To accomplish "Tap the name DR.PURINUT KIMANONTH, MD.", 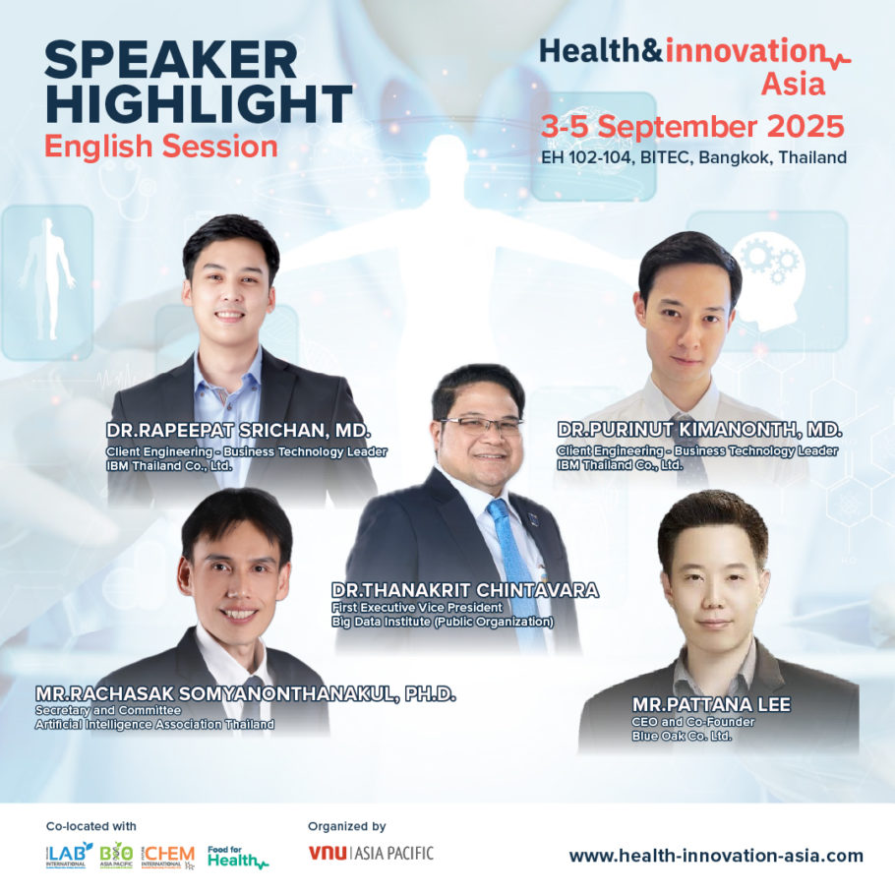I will point(699,431).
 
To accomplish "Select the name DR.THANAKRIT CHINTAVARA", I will point(465,590).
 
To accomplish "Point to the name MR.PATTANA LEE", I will point(698,704).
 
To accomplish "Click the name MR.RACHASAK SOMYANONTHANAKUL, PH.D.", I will point(246,694).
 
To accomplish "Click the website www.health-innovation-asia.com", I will point(716,856).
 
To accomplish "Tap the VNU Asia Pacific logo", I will point(371,853).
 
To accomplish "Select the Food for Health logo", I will point(237,856).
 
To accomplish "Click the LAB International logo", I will point(69,854).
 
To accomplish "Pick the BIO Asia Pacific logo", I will point(116,854).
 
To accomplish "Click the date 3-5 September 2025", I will point(692,126).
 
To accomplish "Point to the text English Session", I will point(161,147).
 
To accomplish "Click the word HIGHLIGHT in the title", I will point(199,103).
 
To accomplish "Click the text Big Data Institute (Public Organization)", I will point(443,622).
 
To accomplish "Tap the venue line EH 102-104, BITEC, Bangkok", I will point(693,156).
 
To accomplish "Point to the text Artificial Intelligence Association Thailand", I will point(154,724).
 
